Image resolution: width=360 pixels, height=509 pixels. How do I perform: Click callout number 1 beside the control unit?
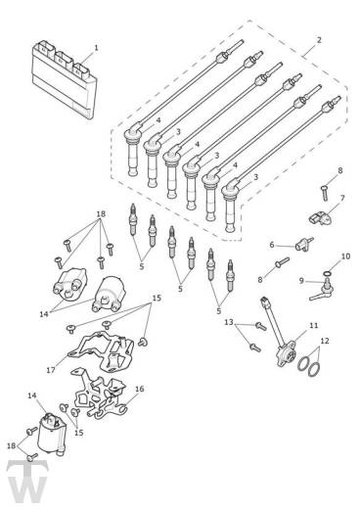(x=96, y=48)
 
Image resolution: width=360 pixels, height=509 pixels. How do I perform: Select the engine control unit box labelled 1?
(x=65, y=79)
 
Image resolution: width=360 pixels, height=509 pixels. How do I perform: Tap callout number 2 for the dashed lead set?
(x=319, y=40)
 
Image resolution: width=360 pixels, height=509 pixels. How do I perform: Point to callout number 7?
(x=342, y=198)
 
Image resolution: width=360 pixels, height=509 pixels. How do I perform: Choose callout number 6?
(x=272, y=245)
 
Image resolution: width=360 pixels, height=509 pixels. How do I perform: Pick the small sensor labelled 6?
(x=304, y=245)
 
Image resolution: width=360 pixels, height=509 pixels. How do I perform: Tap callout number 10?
(x=345, y=256)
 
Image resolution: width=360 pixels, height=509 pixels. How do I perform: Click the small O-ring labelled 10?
(x=328, y=273)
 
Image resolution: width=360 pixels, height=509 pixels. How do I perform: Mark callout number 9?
(x=301, y=280)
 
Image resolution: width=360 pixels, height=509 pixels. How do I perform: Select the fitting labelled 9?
(x=322, y=290)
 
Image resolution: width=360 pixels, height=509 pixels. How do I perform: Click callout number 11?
(x=313, y=325)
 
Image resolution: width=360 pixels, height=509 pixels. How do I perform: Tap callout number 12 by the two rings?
(x=325, y=341)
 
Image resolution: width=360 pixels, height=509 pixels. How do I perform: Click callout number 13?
(x=229, y=322)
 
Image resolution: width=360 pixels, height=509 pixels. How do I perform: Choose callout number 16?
(x=139, y=389)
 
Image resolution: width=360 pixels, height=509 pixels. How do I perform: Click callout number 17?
(x=51, y=370)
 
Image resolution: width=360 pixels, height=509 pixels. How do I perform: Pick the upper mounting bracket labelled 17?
(x=102, y=351)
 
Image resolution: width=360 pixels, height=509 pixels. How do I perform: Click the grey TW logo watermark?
(x=27, y=482)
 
